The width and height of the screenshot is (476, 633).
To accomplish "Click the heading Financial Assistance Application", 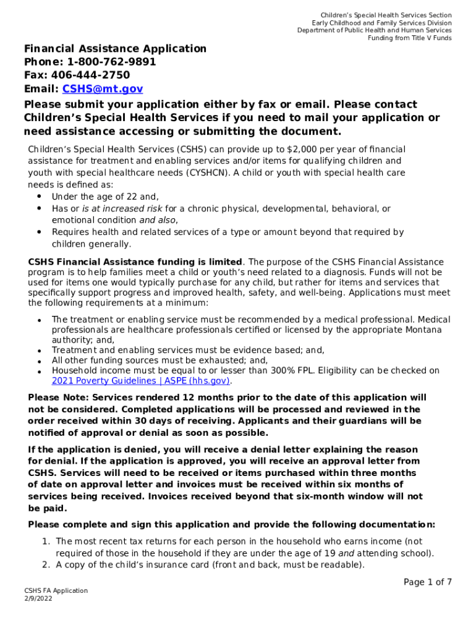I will [x=115, y=48].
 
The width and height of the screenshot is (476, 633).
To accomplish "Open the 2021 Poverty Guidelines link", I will [x=140, y=381].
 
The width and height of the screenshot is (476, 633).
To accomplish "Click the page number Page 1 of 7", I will [x=427, y=582].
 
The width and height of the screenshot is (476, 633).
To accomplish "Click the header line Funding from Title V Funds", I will [x=409, y=38].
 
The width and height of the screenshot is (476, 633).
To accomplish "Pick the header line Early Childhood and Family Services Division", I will [x=381, y=23].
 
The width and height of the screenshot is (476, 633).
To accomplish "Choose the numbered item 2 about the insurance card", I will [x=210, y=564].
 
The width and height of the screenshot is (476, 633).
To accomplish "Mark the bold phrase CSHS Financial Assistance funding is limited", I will [x=135, y=262].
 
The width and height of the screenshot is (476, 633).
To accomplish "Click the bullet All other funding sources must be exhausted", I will [x=159, y=360].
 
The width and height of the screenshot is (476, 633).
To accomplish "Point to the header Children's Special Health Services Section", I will [x=385, y=15].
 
